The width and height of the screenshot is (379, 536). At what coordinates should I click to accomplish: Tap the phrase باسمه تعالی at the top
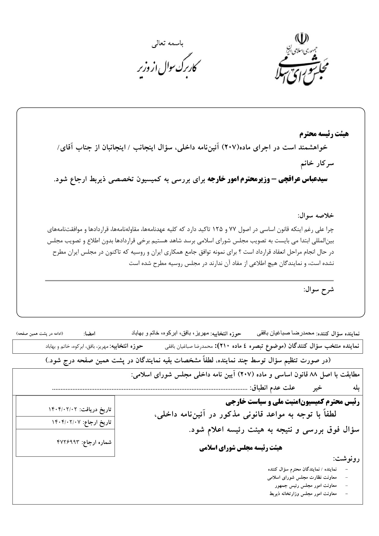168,44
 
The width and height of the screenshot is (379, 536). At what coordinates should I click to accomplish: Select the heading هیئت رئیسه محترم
324,134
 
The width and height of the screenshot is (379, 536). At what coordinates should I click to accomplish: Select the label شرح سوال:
319,290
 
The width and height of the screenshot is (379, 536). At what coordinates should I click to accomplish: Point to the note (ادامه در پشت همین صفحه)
40,334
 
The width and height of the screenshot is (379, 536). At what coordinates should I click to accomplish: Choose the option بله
356,388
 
